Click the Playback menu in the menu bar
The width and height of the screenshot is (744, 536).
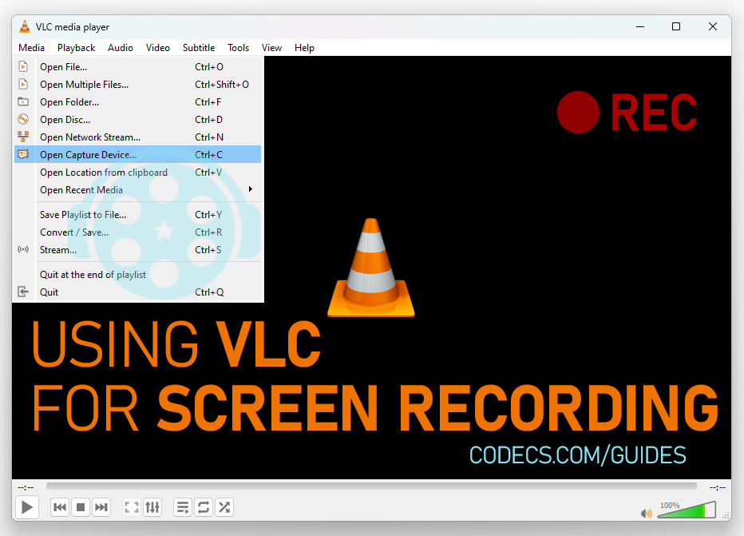(x=76, y=47)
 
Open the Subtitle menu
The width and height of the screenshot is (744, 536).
(x=198, y=47)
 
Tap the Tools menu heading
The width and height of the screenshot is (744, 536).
(x=238, y=47)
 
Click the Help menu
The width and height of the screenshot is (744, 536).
(x=304, y=47)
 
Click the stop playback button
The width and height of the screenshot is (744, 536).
(x=81, y=507)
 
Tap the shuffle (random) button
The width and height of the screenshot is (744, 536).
(x=224, y=507)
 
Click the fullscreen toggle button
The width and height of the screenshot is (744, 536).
(x=132, y=507)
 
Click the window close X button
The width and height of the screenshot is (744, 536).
(x=713, y=26)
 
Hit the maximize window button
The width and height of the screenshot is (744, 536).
(x=676, y=26)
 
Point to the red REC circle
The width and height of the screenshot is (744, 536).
(x=578, y=112)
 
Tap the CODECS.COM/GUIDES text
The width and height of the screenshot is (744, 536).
(x=577, y=455)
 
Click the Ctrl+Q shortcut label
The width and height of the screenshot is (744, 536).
(x=209, y=292)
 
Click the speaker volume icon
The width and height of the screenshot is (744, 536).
(x=647, y=513)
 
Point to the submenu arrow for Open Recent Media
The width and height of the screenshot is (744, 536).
(x=251, y=189)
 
